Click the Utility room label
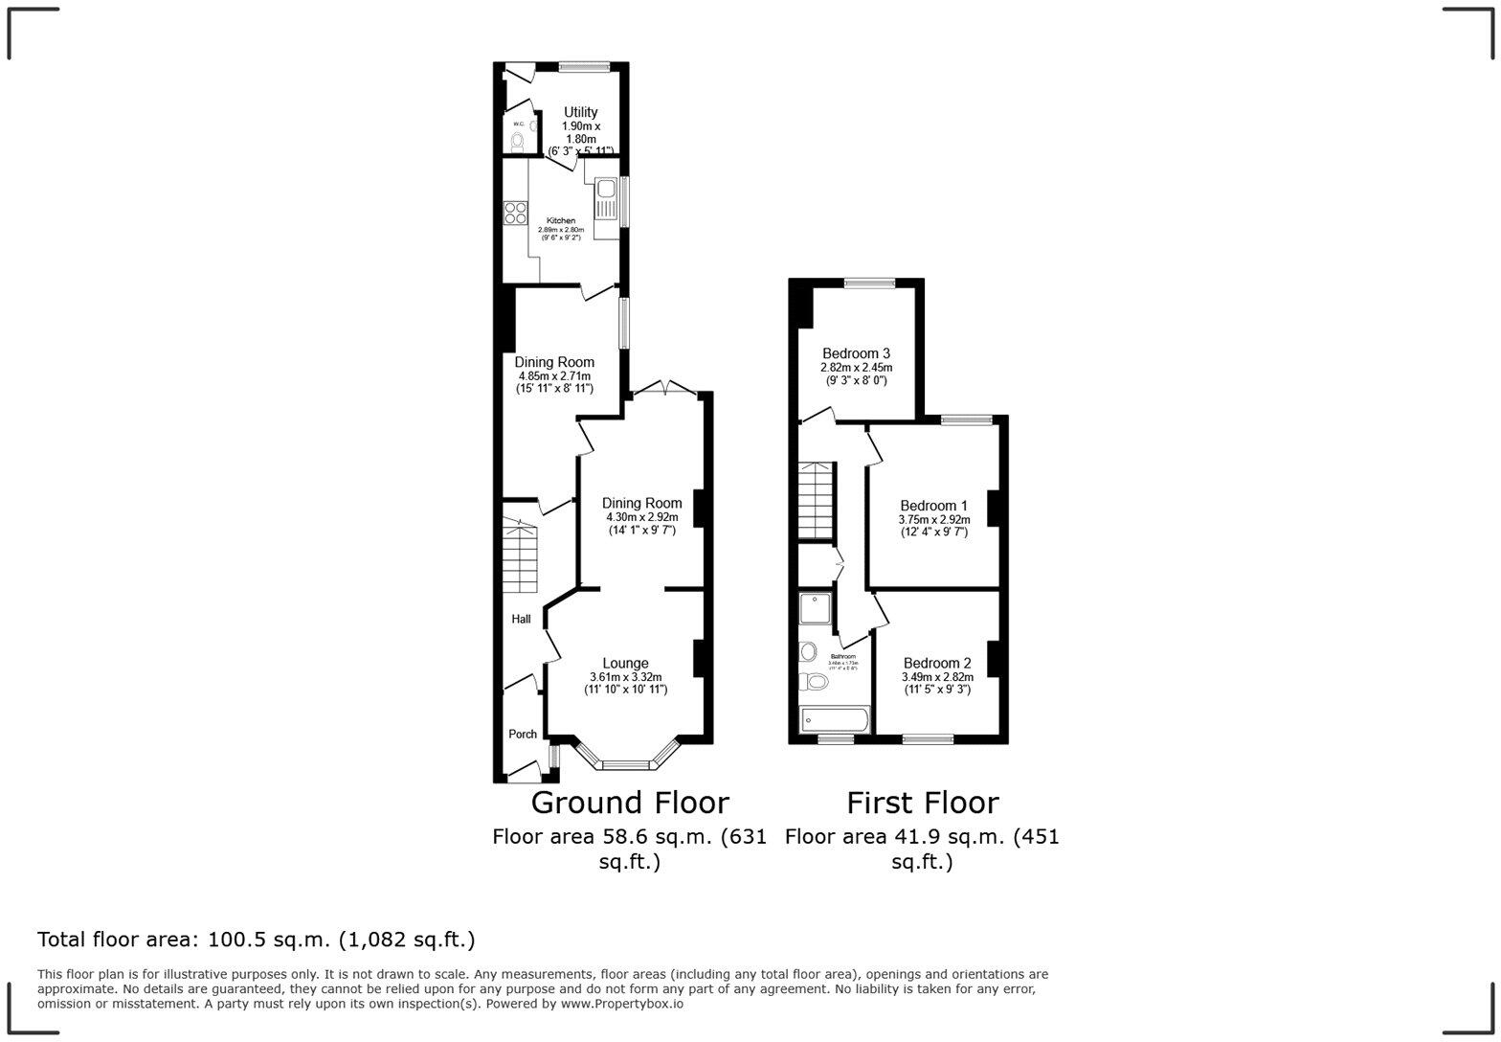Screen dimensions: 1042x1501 580,113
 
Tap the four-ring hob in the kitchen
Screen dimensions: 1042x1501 516,213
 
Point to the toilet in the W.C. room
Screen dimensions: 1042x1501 517,143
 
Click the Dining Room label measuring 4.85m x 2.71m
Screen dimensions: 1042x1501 554,362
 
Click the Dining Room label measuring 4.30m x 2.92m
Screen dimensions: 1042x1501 641,504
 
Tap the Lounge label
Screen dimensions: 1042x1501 625,664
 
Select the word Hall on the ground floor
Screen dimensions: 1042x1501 521,620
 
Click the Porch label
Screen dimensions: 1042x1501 522,735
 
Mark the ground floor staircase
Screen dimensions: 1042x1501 522,559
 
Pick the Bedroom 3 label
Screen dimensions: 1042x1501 856,354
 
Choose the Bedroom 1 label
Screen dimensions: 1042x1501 933,506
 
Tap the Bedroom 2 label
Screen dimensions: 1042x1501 936,664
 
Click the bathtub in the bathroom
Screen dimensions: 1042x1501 834,719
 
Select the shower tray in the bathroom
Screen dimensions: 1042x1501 818,613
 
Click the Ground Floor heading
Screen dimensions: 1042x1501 630,803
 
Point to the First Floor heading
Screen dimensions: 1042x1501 922,803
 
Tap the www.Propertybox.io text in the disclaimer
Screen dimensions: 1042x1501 621,1005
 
